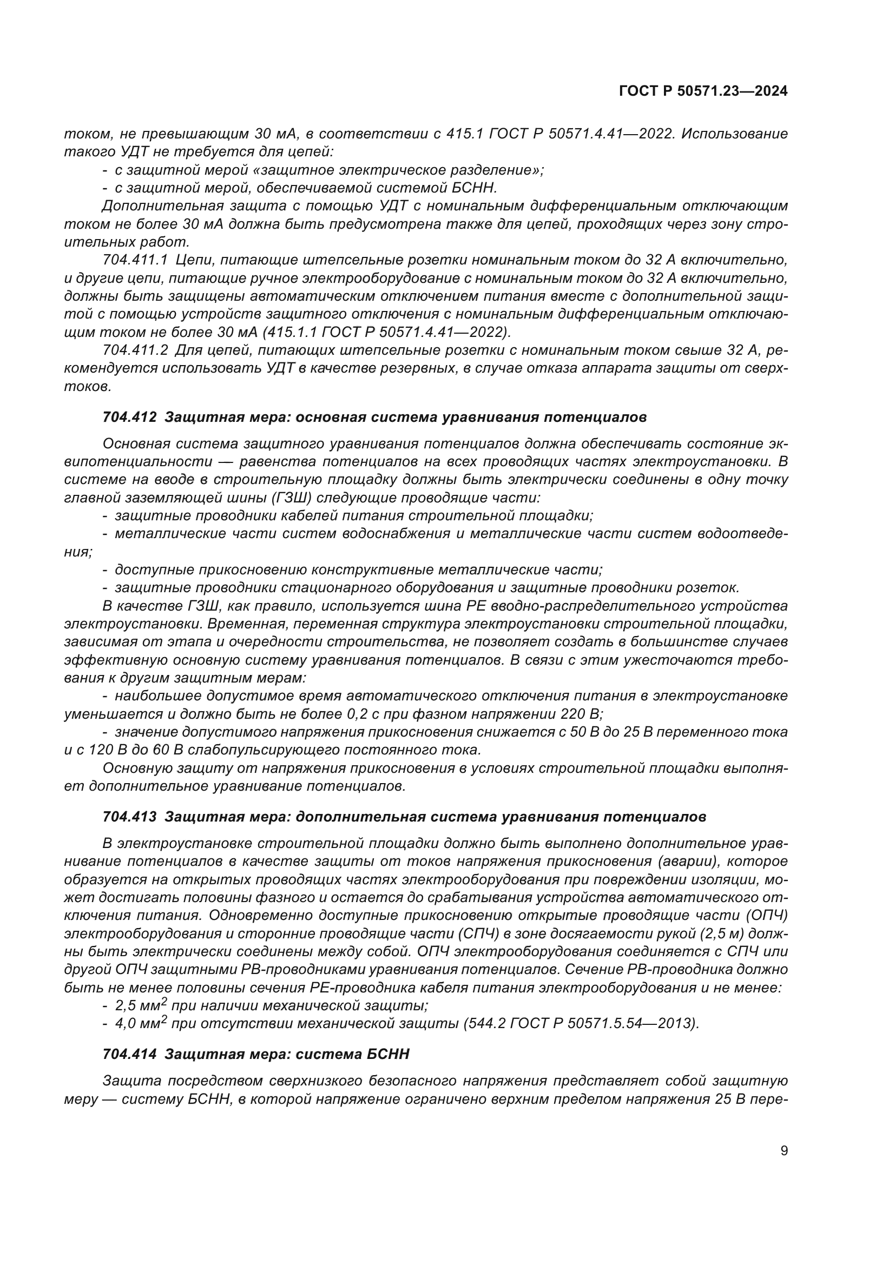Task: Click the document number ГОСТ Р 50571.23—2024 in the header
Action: click(x=703, y=91)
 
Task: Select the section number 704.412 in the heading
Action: click(x=129, y=417)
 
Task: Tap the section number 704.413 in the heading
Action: click(x=129, y=817)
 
